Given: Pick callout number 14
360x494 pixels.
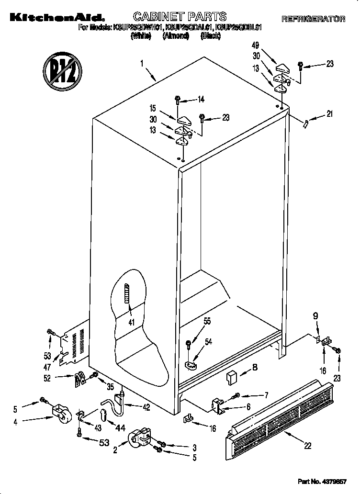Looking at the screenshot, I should pyautogui.click(x=201, y=100).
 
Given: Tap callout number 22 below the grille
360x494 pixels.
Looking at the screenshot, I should pyautogui.click(x=307, y=446).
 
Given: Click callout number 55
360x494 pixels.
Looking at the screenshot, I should pyautogui.click(x=207, y=322).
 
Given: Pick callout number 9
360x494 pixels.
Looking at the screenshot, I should pyautogui.click(x=315, y=316).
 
